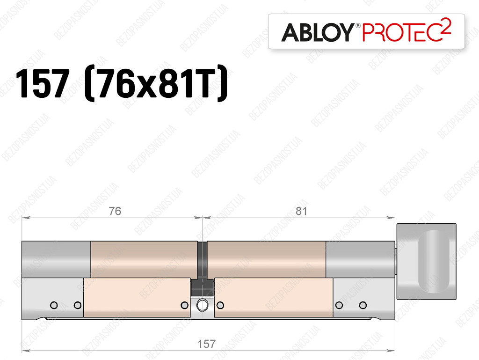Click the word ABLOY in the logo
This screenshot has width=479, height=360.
pos(318,32)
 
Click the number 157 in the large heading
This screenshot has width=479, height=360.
pos(43,83)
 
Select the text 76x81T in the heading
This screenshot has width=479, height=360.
pos(156,83)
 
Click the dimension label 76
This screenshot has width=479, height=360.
pos(115,211)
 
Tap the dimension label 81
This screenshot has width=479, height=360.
pos(301,211)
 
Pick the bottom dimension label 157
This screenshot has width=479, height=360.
pos(206,344)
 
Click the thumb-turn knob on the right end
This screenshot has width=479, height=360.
pos(426,261)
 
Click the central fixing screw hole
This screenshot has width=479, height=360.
pos(202,305)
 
